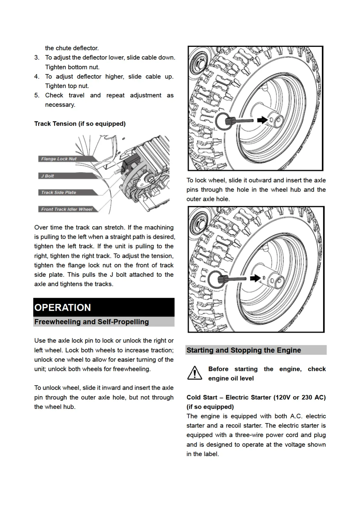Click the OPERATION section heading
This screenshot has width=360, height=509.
(63, 307)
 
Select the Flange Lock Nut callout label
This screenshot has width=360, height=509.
(59, 159)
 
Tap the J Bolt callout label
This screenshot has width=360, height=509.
(48, 176)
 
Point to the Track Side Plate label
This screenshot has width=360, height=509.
(59, 192)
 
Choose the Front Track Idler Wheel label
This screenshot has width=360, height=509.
(67, 209)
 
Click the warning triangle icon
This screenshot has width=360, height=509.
(195, 373)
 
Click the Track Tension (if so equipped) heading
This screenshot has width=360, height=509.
(80, 124)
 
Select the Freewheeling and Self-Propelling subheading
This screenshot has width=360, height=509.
(92, 322)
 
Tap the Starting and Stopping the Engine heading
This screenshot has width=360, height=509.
(244, 350)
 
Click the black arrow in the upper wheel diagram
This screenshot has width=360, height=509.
(262, 120)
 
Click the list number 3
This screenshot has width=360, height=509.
(37, 57)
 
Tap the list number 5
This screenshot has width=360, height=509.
(37, 95)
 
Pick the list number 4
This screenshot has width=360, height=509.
(37, 76)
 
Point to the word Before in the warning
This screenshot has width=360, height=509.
(218, 369)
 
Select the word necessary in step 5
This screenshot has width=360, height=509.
(60, 105)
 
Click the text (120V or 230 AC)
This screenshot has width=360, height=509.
(299, 397)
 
